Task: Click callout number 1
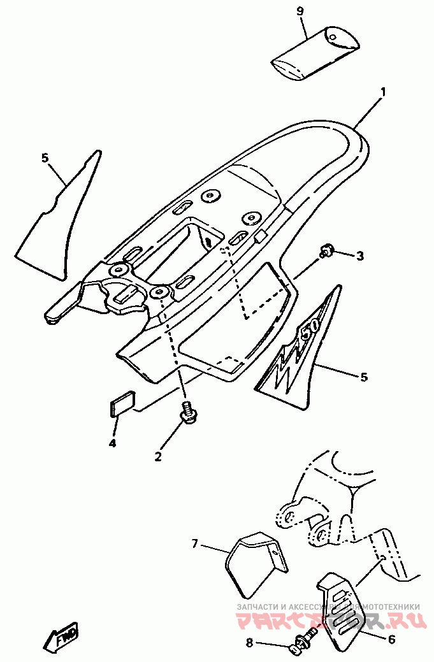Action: click(383, 92)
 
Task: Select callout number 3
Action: click(360, 256)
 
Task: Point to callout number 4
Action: click(112, 443)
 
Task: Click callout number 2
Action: click(158, 456)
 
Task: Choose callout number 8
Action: click(249, 644)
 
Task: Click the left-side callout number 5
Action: click(45, 157)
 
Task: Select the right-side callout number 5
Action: click(364, 377)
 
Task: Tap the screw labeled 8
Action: click(303, 640)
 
